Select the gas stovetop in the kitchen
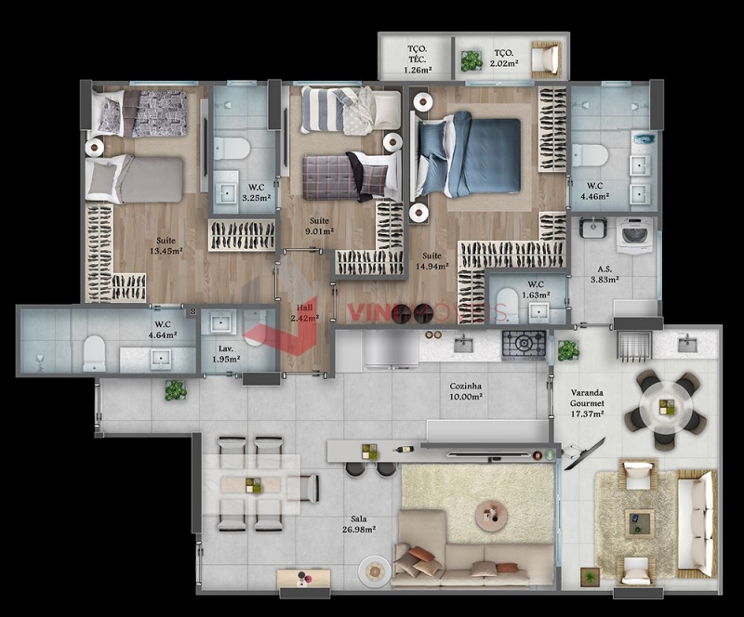524,345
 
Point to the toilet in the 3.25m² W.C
231,149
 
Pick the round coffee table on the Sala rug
490,512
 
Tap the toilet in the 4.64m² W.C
94,351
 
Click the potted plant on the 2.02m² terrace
472,61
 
